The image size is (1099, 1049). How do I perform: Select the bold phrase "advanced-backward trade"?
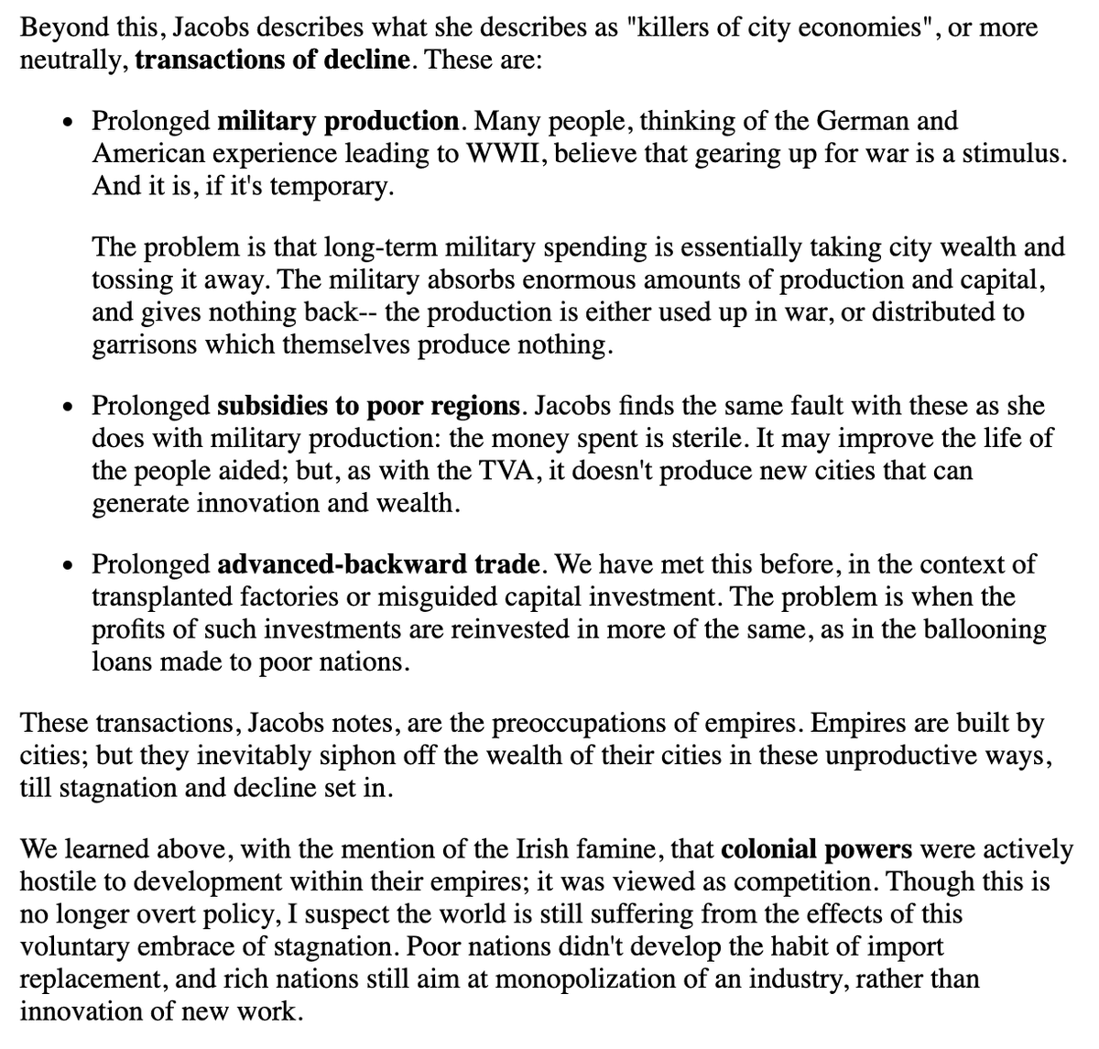(x=381, y=563)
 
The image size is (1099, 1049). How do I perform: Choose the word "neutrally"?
(x=73, y=60)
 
